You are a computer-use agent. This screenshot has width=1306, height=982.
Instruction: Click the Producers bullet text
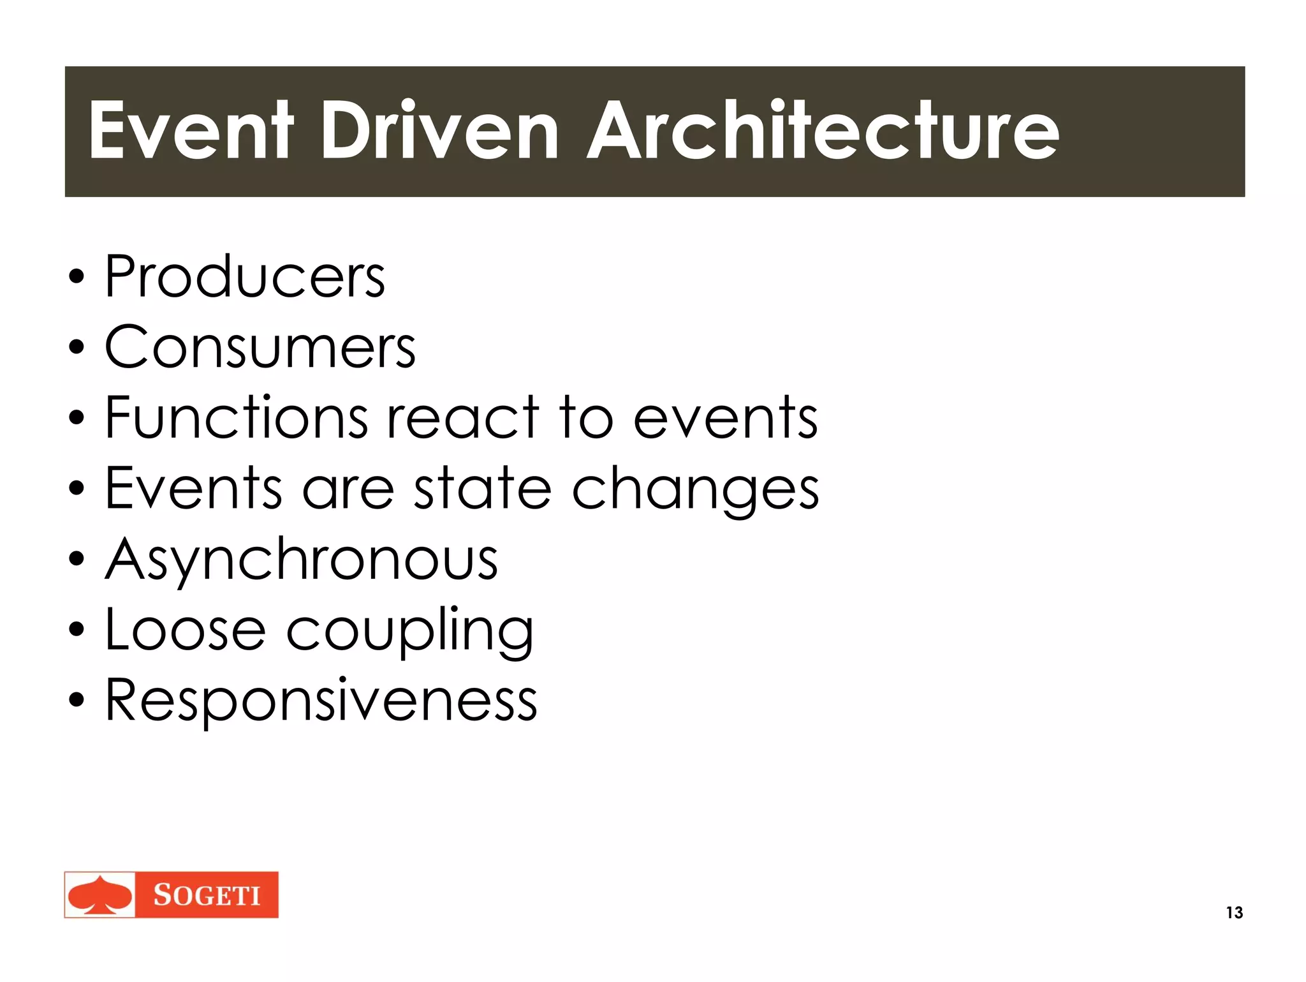(x=245, y=277)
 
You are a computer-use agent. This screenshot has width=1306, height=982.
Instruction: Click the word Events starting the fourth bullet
(x=193, y=489)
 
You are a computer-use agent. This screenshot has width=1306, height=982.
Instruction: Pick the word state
(x=483, y=489)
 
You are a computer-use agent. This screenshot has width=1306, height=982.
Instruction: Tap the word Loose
(x=185, y=630)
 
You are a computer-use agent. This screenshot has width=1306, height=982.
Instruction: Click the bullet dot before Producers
(x=77, y=278)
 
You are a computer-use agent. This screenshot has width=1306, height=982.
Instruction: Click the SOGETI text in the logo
(x=207, y=895)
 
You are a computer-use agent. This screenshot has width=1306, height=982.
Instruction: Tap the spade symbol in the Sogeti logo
(x=99, y=895)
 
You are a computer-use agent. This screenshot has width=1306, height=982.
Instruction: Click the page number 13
(x=1234, y=912)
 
